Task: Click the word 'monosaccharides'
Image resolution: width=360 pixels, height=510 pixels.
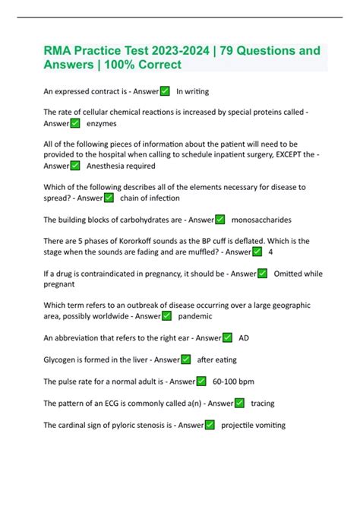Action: coord(261,220)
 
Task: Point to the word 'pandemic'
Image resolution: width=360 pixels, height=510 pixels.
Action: coord(195,315)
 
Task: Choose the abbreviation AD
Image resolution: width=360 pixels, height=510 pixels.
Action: coord(244,337)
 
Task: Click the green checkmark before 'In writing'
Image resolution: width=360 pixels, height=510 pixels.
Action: coord(165,91)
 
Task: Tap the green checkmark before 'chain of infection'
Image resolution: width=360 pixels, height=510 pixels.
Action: coord(109,198)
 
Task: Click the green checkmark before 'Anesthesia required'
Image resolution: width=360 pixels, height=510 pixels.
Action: coord(75,166)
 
